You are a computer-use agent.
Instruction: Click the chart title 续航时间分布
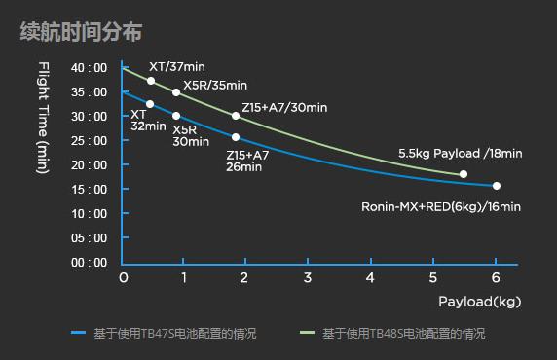point(82,32)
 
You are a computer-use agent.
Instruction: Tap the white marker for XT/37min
point(151,81)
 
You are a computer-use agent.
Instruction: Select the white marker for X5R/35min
point(176,92)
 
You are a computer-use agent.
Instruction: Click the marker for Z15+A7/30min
point(236,116)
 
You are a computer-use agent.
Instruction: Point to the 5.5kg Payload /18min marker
point(464,174)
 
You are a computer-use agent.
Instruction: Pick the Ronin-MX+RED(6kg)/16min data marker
point(497,186)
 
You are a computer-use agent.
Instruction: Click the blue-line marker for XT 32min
point(150,104)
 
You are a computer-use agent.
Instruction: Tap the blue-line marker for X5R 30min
point(176,116)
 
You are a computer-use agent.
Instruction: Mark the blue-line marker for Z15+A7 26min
point(236,137)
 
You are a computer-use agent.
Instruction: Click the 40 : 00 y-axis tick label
point(89,68)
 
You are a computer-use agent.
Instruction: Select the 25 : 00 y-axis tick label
point(89,141)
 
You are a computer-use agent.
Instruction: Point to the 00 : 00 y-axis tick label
point(89,263)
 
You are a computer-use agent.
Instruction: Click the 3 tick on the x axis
point(309,278)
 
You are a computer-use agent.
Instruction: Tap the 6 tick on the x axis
point(496,278)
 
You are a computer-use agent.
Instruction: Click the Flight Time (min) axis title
point(42,118)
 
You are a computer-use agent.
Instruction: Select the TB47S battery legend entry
point(166,334)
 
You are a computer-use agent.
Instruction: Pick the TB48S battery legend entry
point(393,334)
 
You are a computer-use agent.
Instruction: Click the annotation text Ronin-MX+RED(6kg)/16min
point(441,207)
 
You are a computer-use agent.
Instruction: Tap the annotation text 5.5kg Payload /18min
point(461,154)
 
